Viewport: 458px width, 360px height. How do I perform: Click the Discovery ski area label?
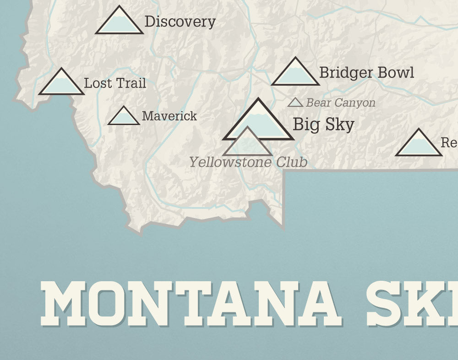[180, 22]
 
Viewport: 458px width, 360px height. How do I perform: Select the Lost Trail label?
[115, 83]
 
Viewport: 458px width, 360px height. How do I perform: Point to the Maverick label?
[169, 116]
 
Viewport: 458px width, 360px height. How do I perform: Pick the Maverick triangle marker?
[124, 117]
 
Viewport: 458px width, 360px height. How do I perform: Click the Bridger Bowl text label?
[366, 72]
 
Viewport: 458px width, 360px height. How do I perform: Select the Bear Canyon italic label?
[340, 103]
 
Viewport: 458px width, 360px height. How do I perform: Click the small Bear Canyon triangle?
[295, 103]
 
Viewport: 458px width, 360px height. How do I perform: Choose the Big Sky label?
[323, 124]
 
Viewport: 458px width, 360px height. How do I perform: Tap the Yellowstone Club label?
[248, 162]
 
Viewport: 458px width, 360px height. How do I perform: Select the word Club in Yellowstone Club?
[292, 162]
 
